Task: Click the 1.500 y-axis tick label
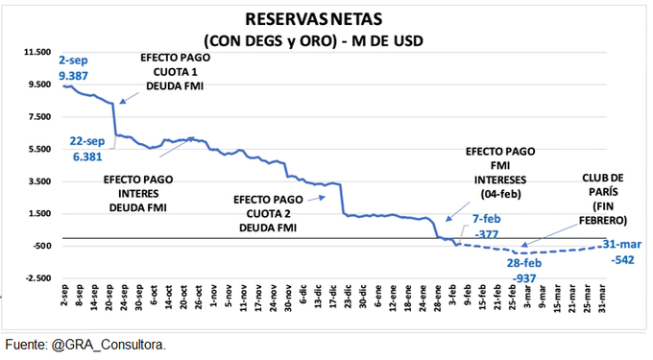point(37,213)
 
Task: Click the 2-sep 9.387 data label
point(76,66)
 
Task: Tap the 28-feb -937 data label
point(527,269)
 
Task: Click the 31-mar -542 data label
point(623,252)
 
